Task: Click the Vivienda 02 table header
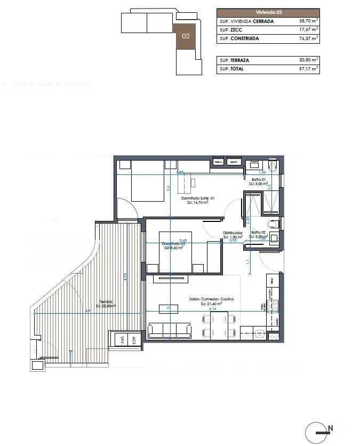(x=268, y=12)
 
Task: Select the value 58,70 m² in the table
(x=309, y=21)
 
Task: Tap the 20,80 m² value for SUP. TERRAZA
(x=309, y=60)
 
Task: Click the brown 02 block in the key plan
(x=186, y=37)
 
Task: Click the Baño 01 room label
(x=259, y=180)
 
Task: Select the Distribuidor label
(x=233, y=233)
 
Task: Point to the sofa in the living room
(x=169, y=330)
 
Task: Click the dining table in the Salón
(x=219, y=326)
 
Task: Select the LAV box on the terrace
(x=123, y=340)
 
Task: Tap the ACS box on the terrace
(x=134, y=340)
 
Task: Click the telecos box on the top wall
(x=219, y=161)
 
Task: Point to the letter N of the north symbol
(x=331, y=428)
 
